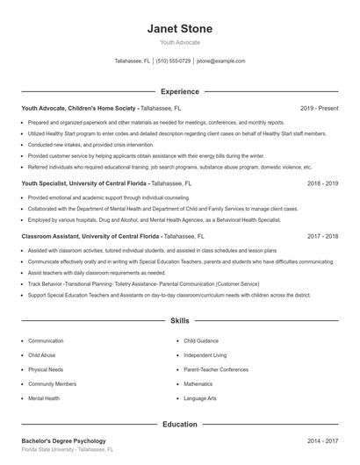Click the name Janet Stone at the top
179,28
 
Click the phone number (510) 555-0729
174,61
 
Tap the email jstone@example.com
220,61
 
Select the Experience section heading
179,91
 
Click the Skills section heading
179,322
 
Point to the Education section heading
179,425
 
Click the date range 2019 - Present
319,108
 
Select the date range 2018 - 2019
322,184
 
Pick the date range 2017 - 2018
322,237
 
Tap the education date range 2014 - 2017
322,440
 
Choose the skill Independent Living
205,355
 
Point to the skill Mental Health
44,398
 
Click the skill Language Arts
199,398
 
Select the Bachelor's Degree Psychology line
63,440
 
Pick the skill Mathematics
198,384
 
